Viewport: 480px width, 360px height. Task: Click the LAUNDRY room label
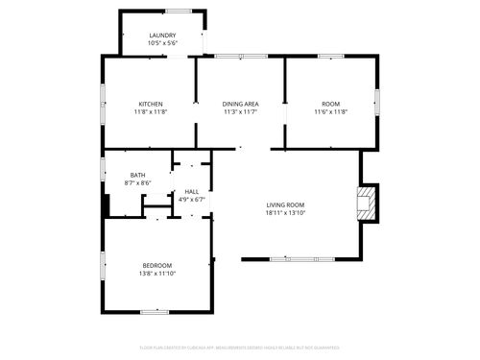coord(162,36)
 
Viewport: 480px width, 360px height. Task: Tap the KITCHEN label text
coord(151,104)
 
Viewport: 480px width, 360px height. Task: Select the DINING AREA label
coord(240,104)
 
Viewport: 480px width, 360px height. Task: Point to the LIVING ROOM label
coord(285,204)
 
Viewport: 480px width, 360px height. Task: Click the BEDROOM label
coord(157,265)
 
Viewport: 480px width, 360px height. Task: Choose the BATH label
coord(138,175)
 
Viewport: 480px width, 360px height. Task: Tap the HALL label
coord(193,192)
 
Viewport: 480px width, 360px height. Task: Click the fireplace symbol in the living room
coord(365,201)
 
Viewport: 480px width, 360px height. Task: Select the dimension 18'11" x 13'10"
coord(285,213)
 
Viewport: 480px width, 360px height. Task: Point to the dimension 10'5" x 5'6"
coord(162,43)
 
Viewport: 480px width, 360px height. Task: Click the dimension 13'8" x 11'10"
coord(157,274)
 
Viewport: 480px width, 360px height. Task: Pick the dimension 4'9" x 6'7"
coord(193,200)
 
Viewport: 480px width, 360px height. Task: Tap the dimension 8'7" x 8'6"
coord(138,182)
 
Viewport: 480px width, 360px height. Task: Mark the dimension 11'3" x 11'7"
coord(240,112)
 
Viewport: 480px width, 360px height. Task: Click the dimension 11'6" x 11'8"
coord(331,112)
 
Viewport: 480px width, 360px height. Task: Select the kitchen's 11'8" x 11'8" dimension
coord(151,112)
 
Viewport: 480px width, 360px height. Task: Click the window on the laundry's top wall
coord(178,11)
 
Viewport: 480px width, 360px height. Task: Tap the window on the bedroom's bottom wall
coord(155,311)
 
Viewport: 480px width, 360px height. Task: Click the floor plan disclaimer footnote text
coord(239,347)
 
